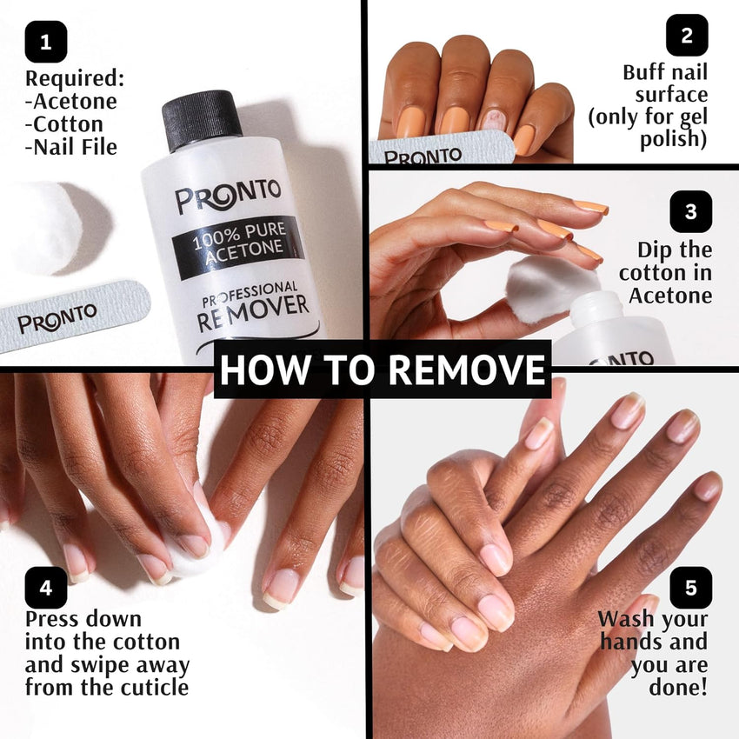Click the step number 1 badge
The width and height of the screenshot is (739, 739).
(46, 42)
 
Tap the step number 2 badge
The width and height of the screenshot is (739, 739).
(687, 36)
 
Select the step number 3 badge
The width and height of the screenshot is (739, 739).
(690, 211)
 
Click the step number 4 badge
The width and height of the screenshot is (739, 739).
(46, 588)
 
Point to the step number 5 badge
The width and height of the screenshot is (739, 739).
(690, 588)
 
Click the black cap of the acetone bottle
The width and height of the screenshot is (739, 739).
(203, 120)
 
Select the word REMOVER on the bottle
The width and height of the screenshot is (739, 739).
(253, 306)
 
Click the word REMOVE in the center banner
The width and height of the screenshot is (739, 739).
(466, 369)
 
